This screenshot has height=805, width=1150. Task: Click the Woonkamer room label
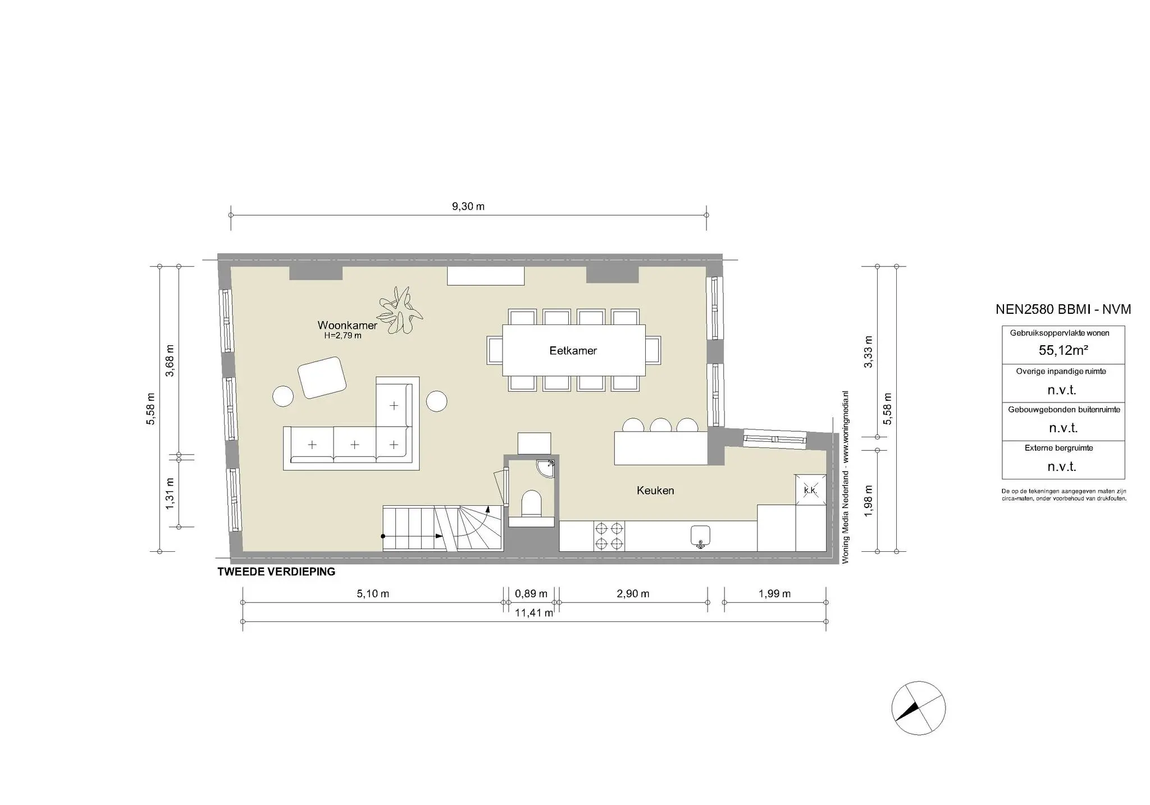[x=347, y=325]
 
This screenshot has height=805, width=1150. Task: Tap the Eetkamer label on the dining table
[x=573, y=351]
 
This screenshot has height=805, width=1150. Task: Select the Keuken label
[x=655, y=491]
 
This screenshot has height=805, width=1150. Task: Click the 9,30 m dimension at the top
[x=468, y=207]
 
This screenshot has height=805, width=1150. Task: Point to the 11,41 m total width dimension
[x=534, y=613]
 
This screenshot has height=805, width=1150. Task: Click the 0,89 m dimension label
[x=531, y=594]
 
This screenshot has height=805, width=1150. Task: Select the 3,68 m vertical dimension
[x=170, y=360]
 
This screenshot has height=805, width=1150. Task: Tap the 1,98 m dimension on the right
[x=868, y=501]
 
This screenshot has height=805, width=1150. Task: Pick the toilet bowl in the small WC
[x=531, y=503]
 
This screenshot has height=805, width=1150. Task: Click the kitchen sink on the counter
[x=700, y=536]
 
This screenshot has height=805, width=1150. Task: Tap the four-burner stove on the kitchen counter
[x=609, y=536]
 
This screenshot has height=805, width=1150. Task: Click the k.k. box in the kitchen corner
[x=810, y=490]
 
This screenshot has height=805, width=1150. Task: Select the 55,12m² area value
[x=1063, y=350]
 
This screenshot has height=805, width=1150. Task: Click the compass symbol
[x=918, y=708]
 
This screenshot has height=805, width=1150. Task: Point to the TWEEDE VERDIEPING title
[x=276, y=572]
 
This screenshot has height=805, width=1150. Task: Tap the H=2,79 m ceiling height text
[x=343, y=336]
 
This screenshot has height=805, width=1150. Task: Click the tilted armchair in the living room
[x=322, y=377]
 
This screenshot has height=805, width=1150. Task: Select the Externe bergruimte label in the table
[x=1062, y=448]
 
